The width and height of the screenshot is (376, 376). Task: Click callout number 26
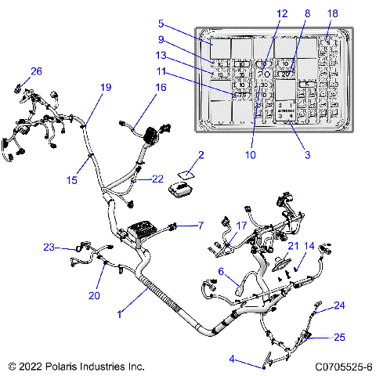(x=36, y=71)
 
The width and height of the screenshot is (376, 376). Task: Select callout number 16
(x=161, y=89)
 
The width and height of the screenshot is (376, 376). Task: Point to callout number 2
(x=201, y=156)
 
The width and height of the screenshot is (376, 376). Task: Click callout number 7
(x=201, y=226)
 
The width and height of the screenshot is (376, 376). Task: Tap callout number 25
(x=339, y=338)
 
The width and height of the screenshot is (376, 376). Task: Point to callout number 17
(x=241, y=226)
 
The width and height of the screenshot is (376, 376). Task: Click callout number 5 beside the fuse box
(x=161, y=23)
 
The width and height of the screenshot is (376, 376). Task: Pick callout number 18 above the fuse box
(x=333, y=14)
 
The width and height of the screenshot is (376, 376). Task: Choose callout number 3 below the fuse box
(x=308, y=155)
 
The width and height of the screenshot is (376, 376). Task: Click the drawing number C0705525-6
(x=342, y=366)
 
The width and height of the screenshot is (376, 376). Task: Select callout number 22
(x=157, y=179)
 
